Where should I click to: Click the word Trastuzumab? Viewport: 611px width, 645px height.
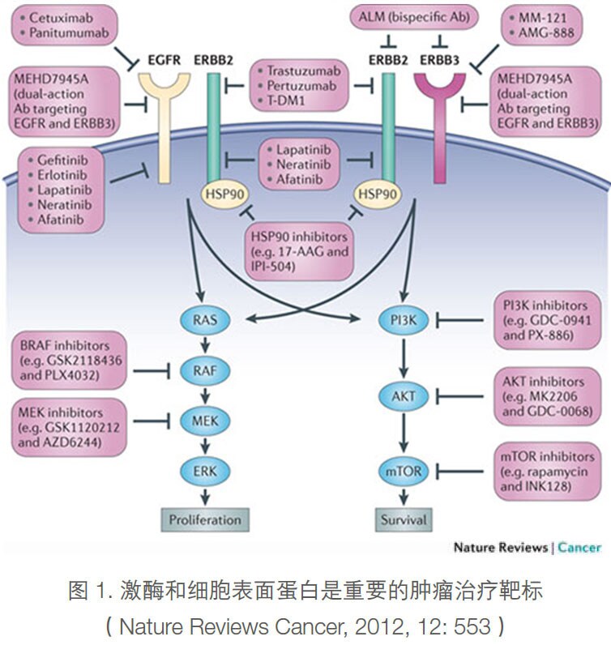pos(301,70)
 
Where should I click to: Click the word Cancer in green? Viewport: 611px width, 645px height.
pos(579,548)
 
